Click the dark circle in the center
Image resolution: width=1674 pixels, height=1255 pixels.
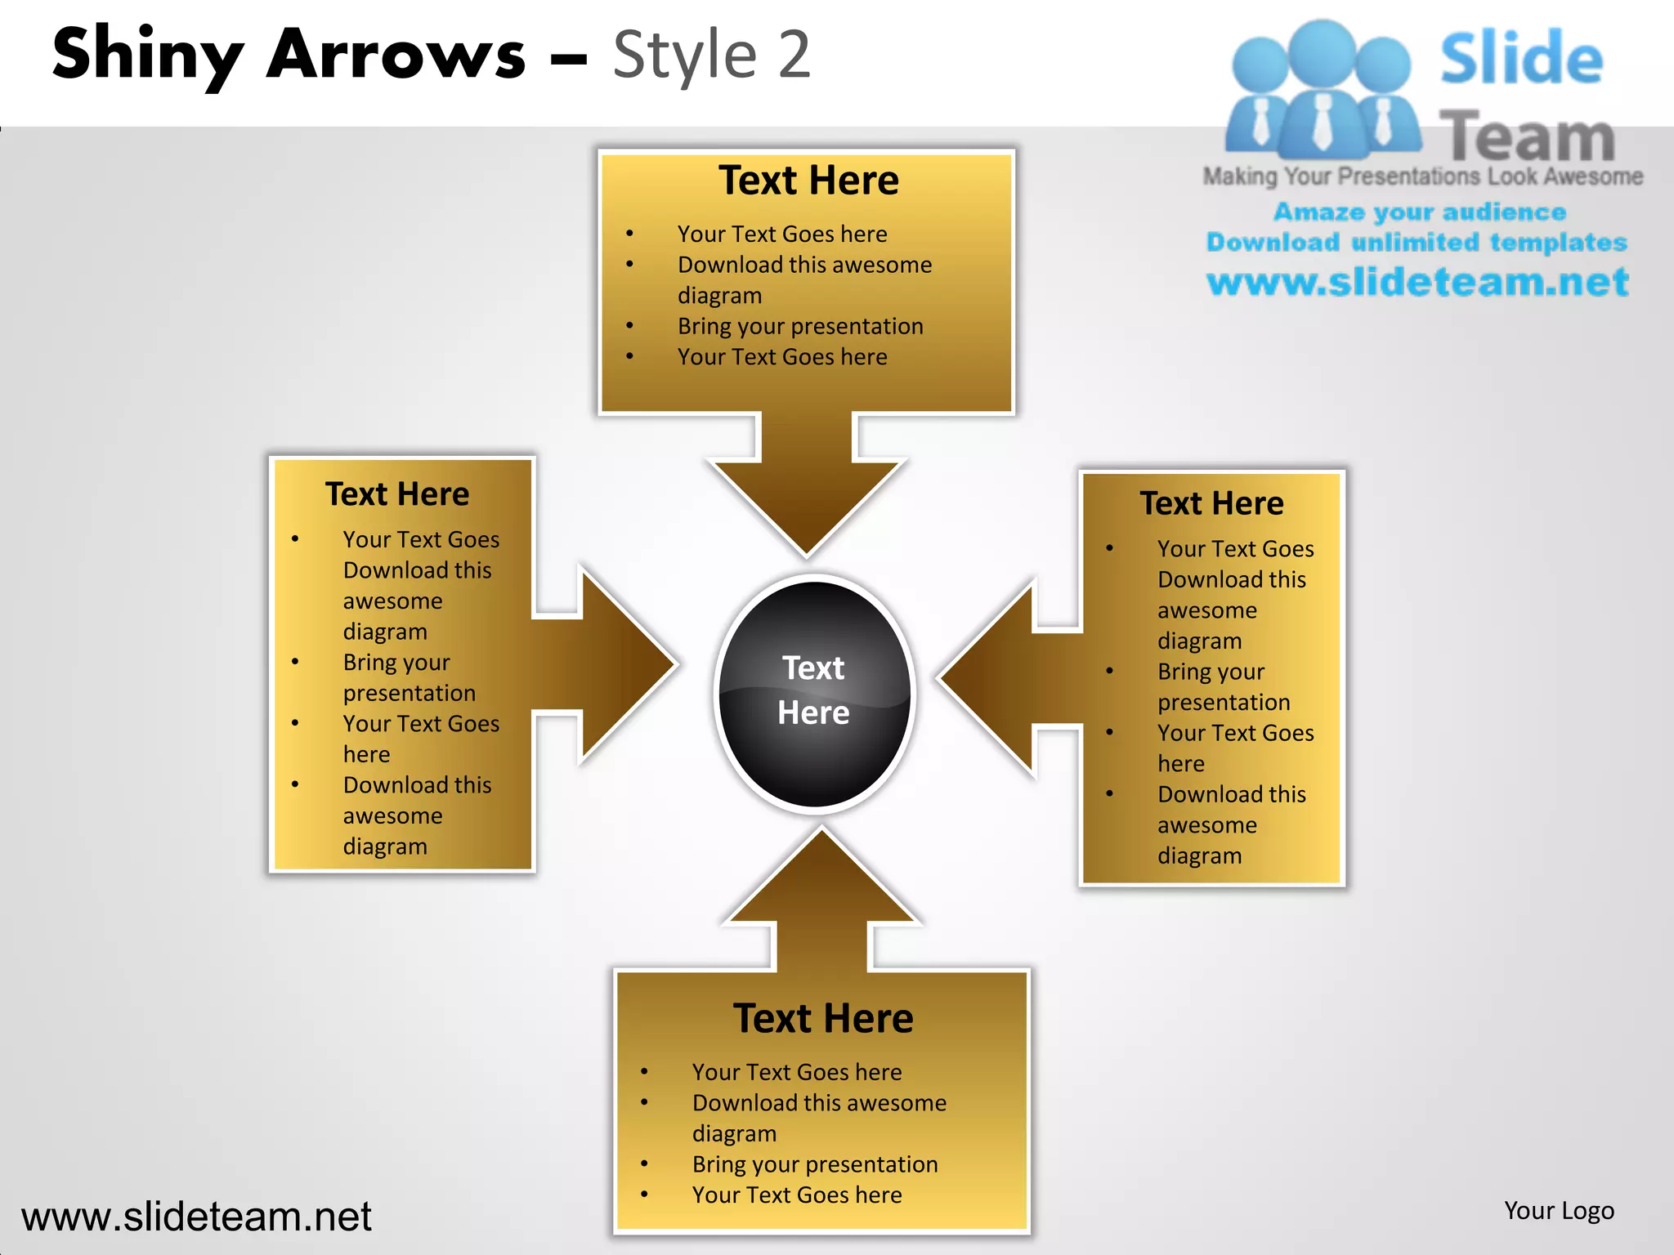[x=814, y=693]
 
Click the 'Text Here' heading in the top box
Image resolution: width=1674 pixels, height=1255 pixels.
[x=808, y=181]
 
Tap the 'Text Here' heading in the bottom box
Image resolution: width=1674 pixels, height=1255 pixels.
[x=823, y=1019]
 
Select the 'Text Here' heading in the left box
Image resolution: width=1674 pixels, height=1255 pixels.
[x=397, y=494]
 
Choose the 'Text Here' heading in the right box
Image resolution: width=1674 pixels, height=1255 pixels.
[x=1211, y=503]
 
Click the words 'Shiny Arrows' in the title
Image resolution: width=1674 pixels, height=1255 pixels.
[x=289, y=55]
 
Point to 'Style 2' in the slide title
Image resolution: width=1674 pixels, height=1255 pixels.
[x=711, y=55]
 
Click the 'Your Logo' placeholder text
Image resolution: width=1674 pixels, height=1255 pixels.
[x=1559, y=1210]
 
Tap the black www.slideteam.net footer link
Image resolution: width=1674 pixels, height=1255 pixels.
[x=196, y=1217]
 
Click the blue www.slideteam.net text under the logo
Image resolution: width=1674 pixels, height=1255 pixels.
[x=1417, y=282]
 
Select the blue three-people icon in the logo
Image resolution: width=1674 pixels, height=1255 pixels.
[x=1322, y=90]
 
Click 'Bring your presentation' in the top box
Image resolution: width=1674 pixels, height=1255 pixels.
[x=800, y=326]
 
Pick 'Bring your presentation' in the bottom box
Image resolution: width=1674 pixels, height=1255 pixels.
[x=815, y=1164]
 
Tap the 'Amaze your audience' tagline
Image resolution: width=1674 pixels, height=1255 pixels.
[x=1420, y=212]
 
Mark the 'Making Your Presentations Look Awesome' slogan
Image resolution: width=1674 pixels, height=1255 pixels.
[x=1422, y=176]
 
